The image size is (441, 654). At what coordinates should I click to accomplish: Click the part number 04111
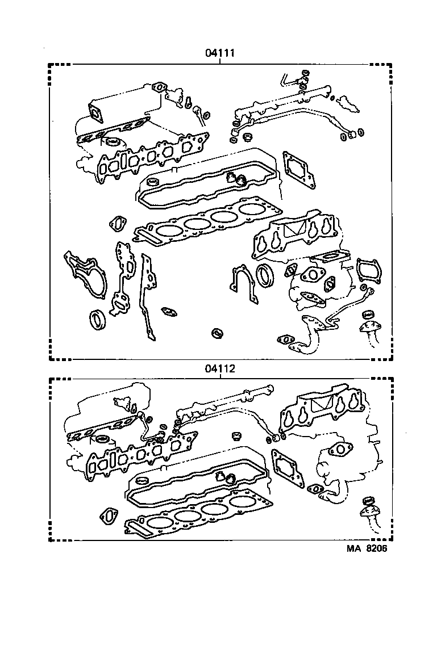click(220, 53)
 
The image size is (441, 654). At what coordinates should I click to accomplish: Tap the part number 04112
click(220, 368)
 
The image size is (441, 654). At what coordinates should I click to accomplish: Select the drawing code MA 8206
click(367, 548)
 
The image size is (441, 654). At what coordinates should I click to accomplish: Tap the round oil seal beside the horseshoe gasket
click(265, 275)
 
